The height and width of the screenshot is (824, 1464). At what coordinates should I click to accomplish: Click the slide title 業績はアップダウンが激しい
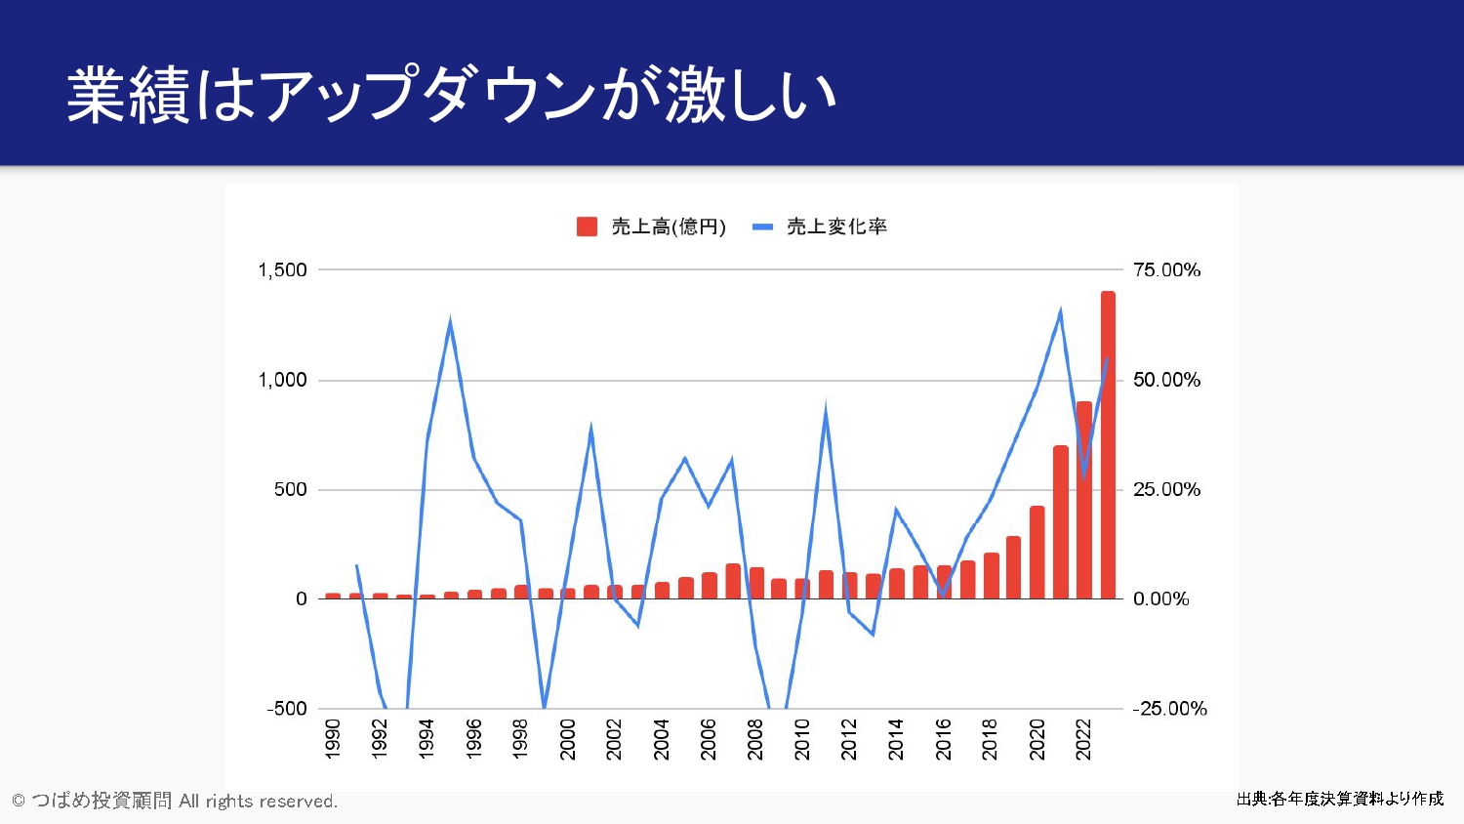tap(451, 95)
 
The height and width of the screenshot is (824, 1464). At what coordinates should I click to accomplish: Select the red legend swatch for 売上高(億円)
tap(587, 227)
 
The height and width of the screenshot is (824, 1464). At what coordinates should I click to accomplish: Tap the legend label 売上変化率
tap(836, 227)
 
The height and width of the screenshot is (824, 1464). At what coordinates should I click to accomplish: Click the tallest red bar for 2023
tap(1108, 444)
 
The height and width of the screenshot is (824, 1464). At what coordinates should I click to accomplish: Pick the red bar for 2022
tap(1084, 500)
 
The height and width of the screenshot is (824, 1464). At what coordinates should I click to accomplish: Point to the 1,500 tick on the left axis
tap(282, 270)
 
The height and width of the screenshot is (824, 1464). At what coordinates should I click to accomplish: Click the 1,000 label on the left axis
tap(282, 380)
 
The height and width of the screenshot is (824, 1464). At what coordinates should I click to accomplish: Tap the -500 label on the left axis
tap(287, 709)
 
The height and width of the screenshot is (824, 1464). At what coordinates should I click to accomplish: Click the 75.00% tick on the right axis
tap(1166, 270)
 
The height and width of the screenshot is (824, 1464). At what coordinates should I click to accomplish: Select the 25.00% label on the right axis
tap(1166, 489)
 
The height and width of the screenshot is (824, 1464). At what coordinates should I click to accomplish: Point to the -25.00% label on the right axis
tap(1169, 709)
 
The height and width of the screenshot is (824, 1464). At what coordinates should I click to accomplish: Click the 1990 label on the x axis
tap(333, 739)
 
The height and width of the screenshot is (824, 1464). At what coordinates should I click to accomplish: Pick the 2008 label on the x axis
tap(755, 739)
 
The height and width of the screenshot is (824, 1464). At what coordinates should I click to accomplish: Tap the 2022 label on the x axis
tap(1083, 739)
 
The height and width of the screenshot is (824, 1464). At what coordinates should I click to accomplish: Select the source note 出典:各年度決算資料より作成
tap(1339, 799)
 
